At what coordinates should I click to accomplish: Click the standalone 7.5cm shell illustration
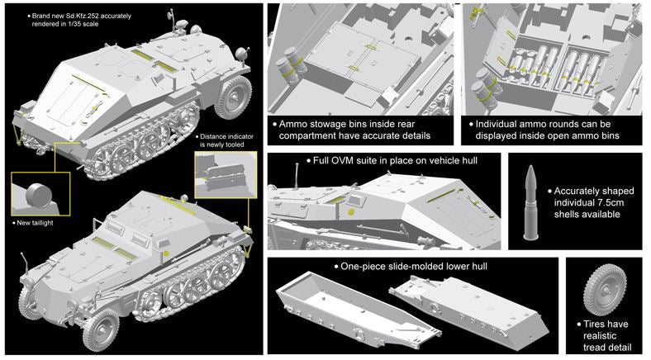531,203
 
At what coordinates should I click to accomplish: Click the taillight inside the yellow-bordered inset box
39,194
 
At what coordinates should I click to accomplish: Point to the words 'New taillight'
35,223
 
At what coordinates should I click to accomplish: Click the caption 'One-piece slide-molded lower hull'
414,266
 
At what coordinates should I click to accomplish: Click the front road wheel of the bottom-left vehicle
101,329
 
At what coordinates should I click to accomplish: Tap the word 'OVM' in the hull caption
342,160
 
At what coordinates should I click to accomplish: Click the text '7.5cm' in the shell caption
610,203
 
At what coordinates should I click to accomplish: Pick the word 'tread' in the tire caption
596,347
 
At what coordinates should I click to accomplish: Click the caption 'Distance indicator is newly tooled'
226,140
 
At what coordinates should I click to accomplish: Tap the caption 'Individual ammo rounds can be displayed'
543,130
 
